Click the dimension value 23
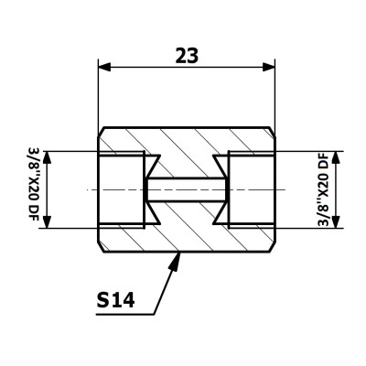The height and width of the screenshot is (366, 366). coord(187,56)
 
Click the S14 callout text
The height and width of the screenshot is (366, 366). coord(115,299)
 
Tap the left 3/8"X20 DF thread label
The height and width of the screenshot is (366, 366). coord(34,189)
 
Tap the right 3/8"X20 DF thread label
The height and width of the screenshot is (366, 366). coord(323,189)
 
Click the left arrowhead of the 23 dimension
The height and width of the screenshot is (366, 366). coord(104,67)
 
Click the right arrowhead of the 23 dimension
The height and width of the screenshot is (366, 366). coord(269,67)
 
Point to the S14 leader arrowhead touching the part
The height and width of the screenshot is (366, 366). coord(175,261)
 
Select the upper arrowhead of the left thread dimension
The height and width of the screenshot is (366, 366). coord(47,157)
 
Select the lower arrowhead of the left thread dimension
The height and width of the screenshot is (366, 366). coord(47,221)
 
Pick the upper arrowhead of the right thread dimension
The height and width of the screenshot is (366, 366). coord(336,157)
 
